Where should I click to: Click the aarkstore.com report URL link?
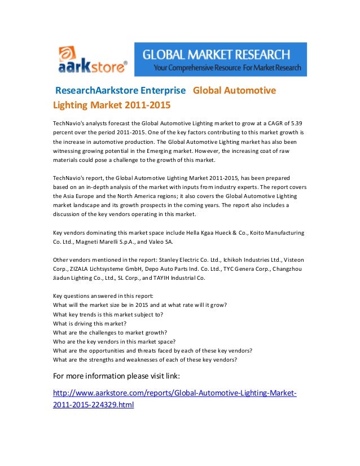click(174, 398)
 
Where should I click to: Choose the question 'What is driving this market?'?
click(90, 323)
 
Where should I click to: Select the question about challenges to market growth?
click(110, 332)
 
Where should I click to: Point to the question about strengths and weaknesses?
click(145, 359)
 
